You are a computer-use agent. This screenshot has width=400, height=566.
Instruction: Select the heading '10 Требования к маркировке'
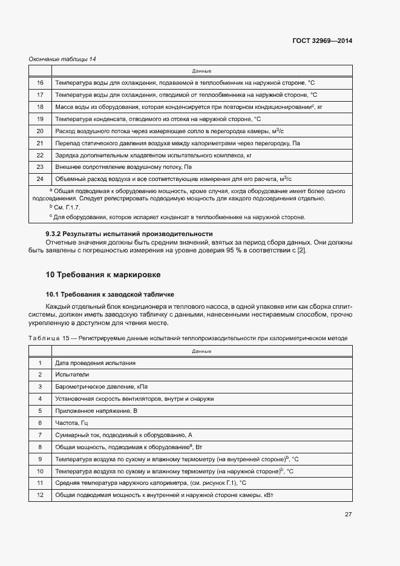tap(103, 274)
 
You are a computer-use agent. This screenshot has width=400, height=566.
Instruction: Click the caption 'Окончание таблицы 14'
tap(63, 59)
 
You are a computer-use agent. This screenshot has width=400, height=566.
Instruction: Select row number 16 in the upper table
tap(40, 83)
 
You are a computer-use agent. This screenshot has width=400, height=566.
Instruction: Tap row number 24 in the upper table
tap(40, 179)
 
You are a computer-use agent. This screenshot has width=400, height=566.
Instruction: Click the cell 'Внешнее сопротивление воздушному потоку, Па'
tap(123, 166)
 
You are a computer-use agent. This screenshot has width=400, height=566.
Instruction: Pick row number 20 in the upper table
tap(40, 131)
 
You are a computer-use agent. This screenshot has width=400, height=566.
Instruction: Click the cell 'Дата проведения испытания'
tap(95, 363)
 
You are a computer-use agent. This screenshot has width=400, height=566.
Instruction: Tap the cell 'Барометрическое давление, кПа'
tap(101, 386)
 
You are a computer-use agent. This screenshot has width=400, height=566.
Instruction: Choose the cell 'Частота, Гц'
tap(71, 423)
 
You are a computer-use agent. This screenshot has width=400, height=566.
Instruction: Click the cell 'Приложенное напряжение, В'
tap(97, 410)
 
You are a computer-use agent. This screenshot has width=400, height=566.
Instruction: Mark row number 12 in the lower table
tap(40, 495)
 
